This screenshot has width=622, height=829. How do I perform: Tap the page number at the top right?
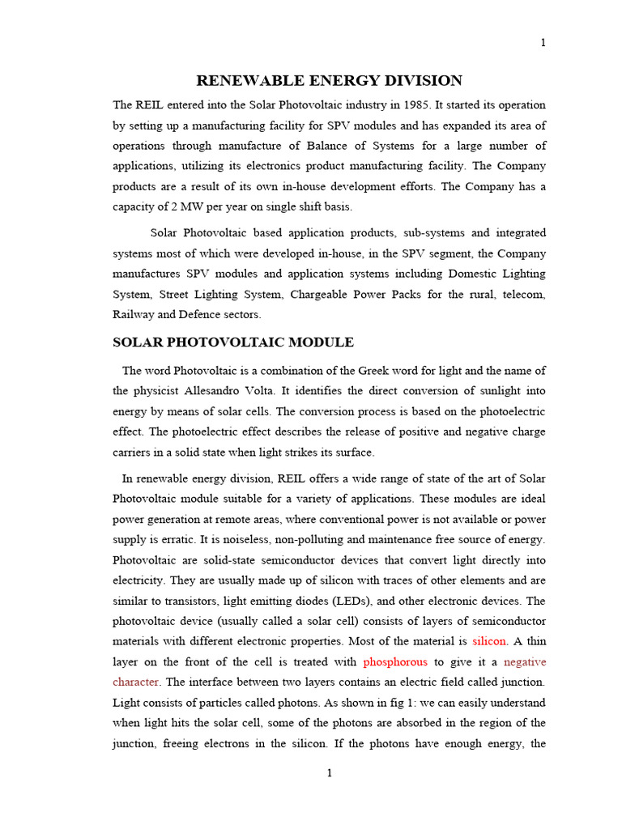(543, 43)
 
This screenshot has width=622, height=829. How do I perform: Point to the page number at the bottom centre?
(329, 773)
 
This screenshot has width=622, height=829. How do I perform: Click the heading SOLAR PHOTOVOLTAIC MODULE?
(233, 342)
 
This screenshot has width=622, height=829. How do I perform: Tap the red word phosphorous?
(395, 661)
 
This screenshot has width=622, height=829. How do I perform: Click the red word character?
(135, 682)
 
